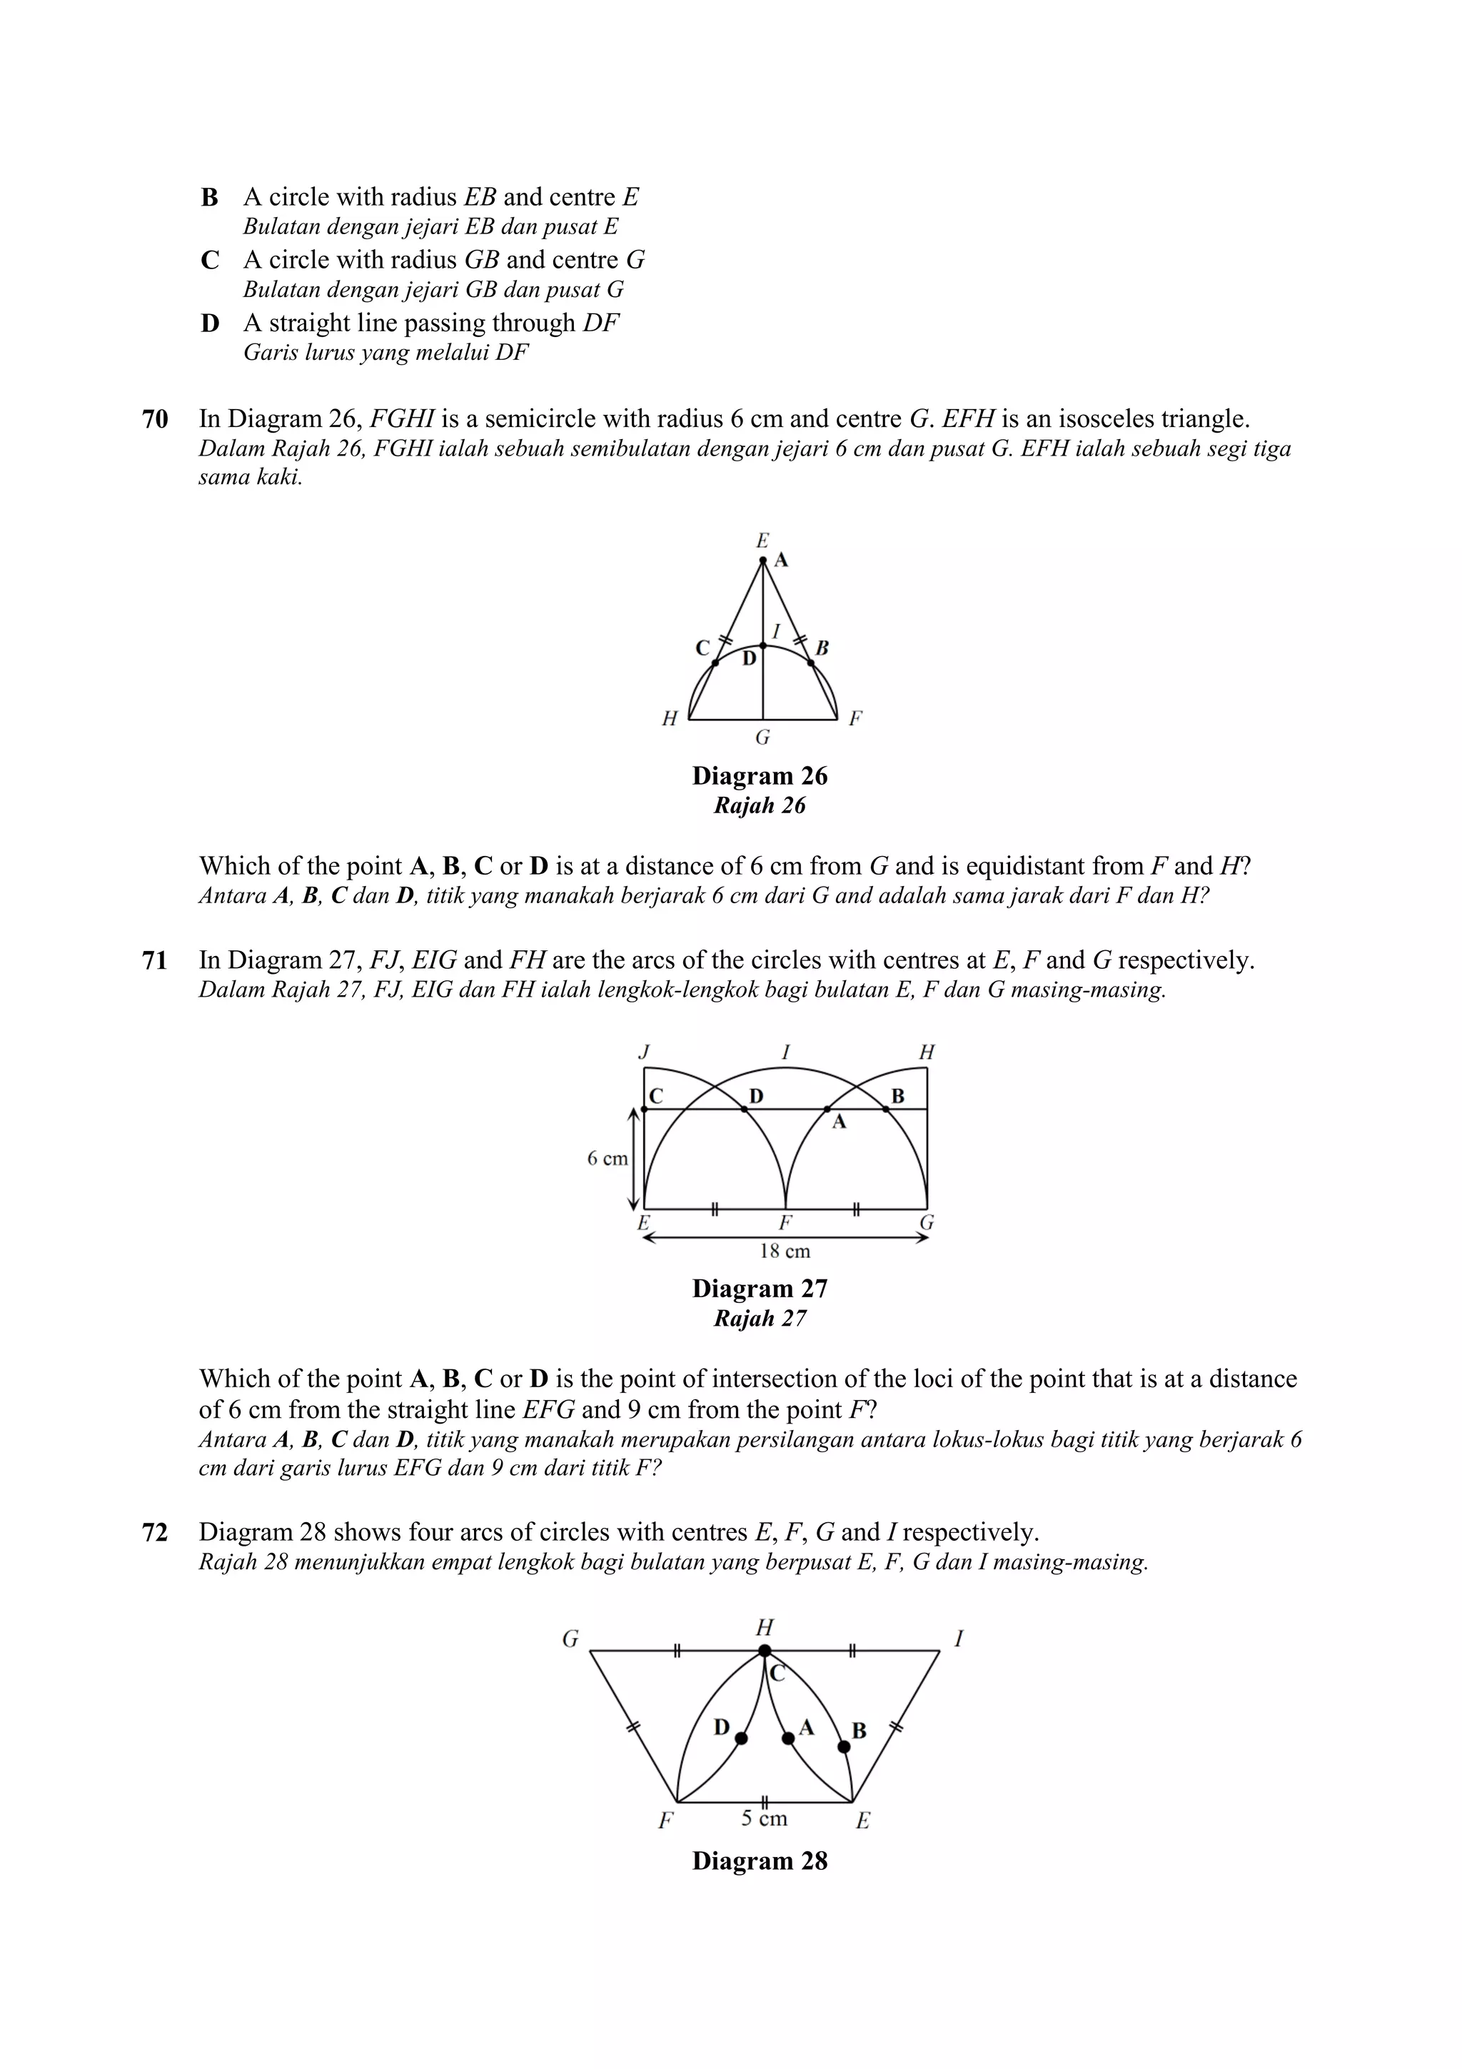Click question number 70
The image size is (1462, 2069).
click(155, 419)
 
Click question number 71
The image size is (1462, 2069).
click(155, 961)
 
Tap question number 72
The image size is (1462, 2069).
click(155, 1532)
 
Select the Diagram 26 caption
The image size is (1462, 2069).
click(760, 776)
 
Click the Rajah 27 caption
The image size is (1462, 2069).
click(760, 1319)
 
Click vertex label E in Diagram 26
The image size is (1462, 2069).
click(762, 540)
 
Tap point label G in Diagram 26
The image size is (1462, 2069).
click(762, 738)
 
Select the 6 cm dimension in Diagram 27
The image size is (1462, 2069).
click(607, 1159)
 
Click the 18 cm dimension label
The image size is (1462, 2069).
click(785, 1251)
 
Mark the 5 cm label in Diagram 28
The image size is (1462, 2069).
click(764, 1818)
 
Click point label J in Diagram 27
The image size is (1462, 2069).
click(644, 1052)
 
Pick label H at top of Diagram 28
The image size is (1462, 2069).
click(764, 1628)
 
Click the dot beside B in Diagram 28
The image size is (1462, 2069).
click(844, 1746)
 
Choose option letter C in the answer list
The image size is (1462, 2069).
click(210, 261)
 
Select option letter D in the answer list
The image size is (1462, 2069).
click(210, 323)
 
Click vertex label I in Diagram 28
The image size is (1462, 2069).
click(959, 1639)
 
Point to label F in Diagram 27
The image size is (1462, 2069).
click(785, 1223)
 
